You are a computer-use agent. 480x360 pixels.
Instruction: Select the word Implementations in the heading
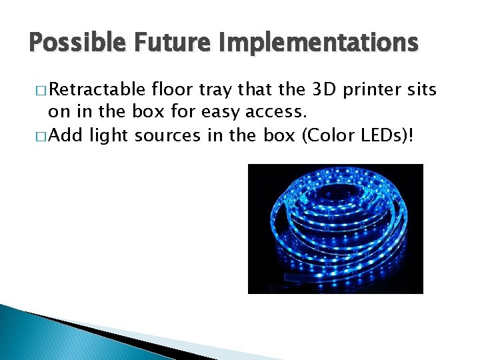314,43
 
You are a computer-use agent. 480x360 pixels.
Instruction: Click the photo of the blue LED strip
335,229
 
